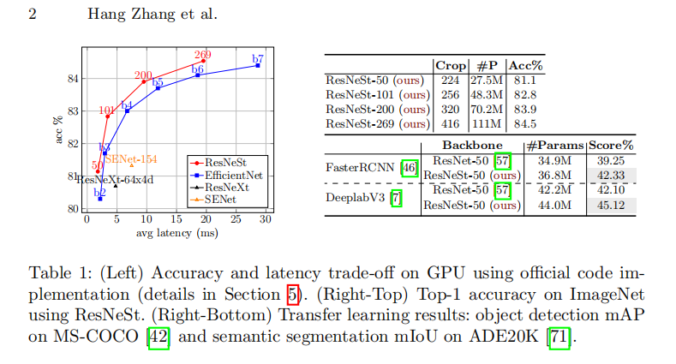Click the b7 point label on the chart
click(258, 59)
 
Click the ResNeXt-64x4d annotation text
click(114, 180)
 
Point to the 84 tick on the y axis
click(73, 79)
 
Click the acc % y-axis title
click(60, 128)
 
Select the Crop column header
click(452, 65)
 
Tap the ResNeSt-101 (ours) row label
click(377, 94)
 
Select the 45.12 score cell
click(611, 205)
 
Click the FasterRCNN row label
click(361, 167)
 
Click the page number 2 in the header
click(32, 15)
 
